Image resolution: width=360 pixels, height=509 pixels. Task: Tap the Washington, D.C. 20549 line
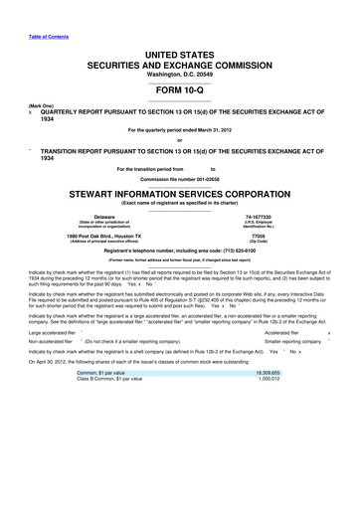(180, 74)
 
